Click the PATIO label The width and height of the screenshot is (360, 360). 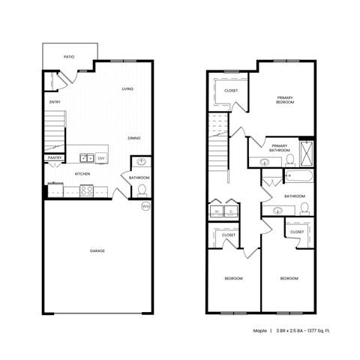click(x=68, y=56)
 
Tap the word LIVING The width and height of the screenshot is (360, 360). click(x=127, y=88)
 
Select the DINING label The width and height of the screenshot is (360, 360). click(x=133, y=138)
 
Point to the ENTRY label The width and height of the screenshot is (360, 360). click(x=55, y=102)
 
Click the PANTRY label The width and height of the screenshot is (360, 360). click(x=55, y=157)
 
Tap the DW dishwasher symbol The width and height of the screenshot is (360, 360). click(x=101, y=157)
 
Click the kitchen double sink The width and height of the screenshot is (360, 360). click(x=87, y=157)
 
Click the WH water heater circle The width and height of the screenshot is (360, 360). click(x=145, y=206)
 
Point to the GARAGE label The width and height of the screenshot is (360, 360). click(x=97, y=250)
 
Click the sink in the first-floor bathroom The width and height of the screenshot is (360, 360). click(x=141, y=163)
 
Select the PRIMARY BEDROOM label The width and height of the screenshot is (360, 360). click(x=285, y=100)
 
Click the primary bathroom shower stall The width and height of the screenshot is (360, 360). click(x=307, y=153)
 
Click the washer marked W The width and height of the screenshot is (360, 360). click(x=216, y=212)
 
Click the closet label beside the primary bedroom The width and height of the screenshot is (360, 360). click(x=231, y=91)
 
